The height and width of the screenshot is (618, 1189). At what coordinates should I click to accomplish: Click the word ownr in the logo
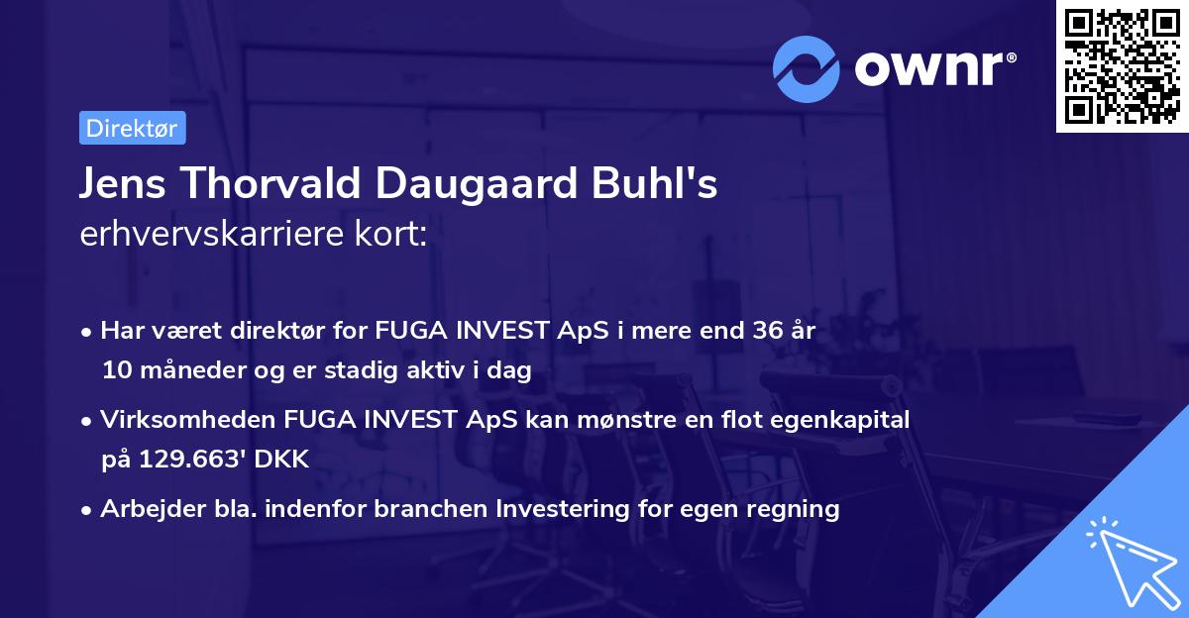[x=930, y=69]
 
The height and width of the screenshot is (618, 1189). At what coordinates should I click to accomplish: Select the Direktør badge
[x=132, y=128]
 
